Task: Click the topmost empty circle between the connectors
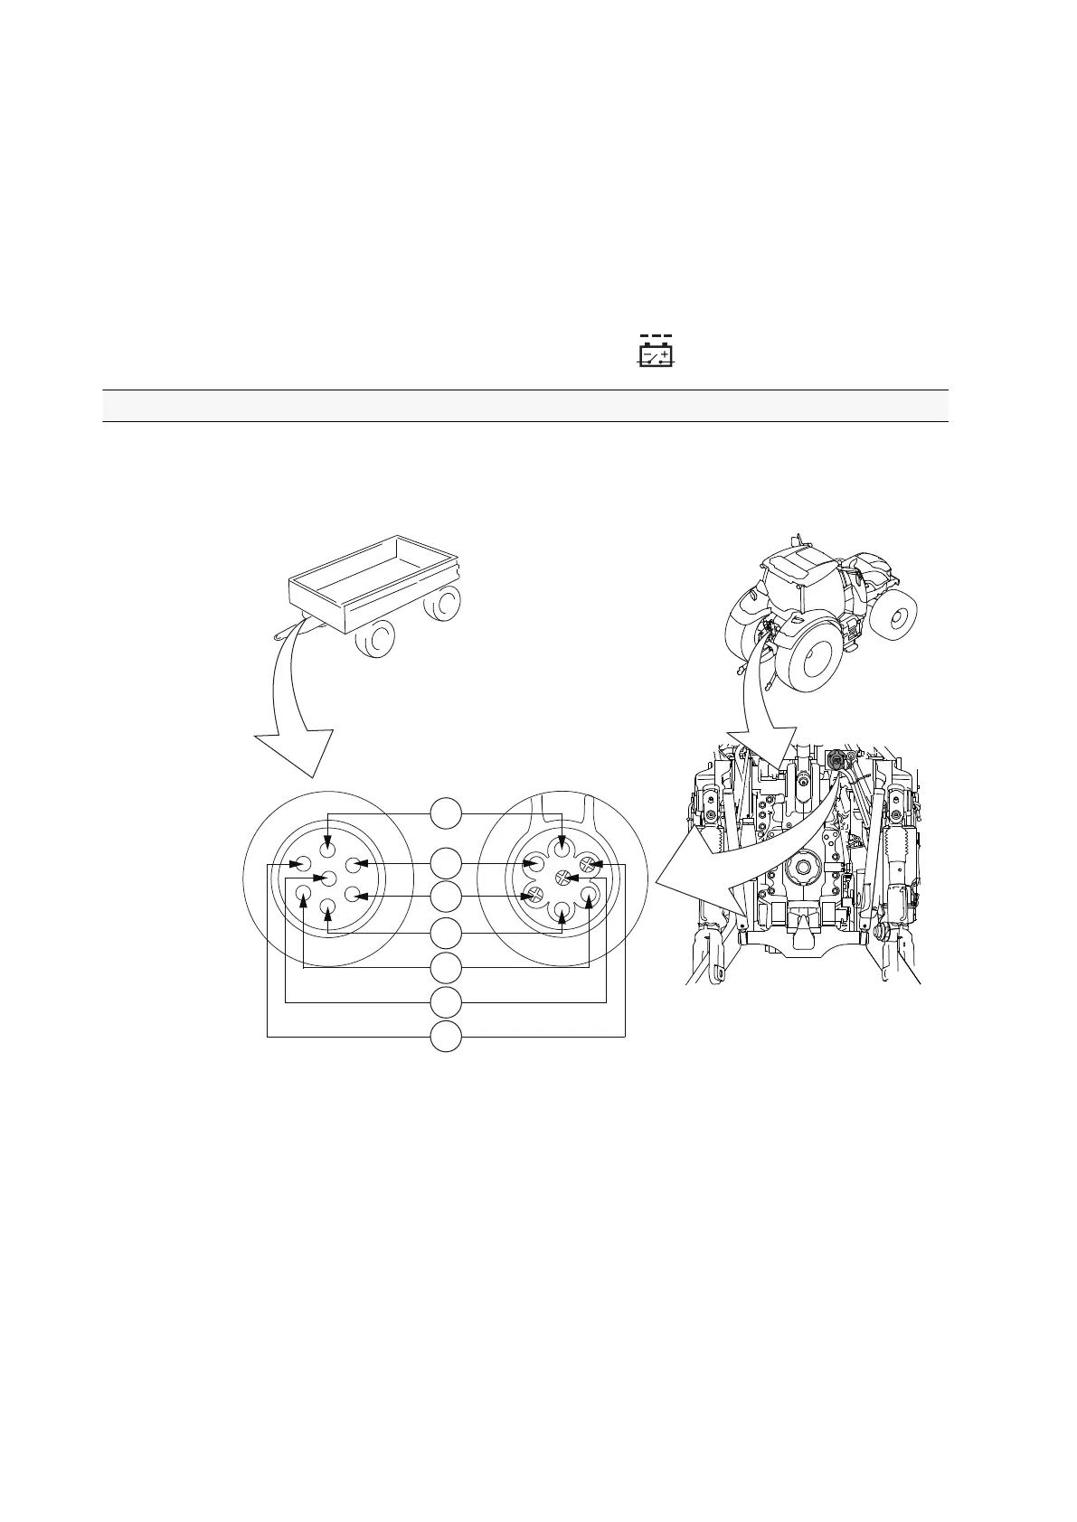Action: (445, 813)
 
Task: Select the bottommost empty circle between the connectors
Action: (445, 1037)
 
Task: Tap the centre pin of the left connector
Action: (328, 878)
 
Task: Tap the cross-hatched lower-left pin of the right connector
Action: (535, 896)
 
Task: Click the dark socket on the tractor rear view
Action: (836, 760)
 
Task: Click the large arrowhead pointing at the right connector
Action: (692, 895)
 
